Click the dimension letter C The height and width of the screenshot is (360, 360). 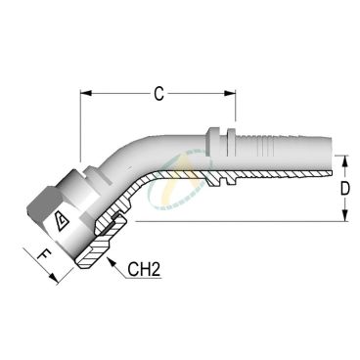tap(158, 94)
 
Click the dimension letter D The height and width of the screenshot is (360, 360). tap(345, 189)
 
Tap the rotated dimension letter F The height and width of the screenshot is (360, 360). tap(44, 254)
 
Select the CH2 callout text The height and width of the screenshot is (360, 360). tap(144, 270)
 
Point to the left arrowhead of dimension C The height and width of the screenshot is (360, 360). tap(86, 93)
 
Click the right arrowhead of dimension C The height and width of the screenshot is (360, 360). tap(230, 93)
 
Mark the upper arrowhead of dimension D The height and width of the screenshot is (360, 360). tap(345, 160)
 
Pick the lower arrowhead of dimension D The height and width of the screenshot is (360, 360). tap(345, 216)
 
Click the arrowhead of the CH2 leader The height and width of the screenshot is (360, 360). tap(112, 262)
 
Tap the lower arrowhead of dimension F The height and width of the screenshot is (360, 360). tap(54, 278)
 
